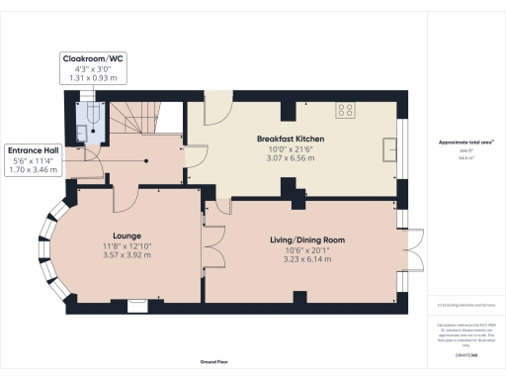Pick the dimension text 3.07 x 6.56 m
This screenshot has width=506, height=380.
click(x=290, y=157)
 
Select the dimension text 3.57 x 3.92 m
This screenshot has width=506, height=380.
click(x=128, y=256)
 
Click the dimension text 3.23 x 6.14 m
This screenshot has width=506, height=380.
click(x=308, y=258)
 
